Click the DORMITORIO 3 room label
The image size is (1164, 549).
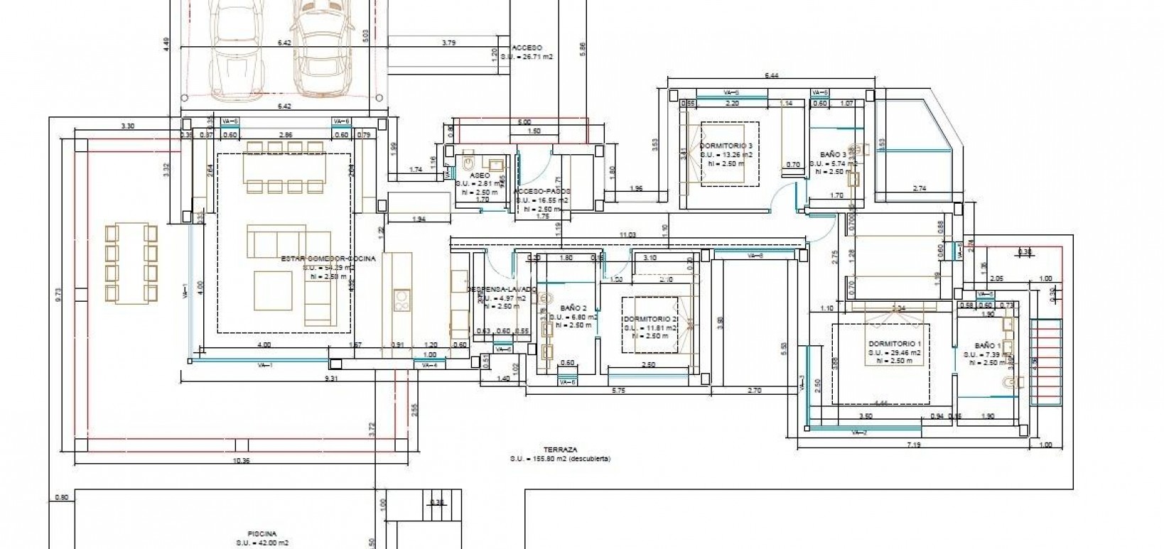coord(726,145)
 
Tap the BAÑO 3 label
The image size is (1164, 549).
coord(832,154)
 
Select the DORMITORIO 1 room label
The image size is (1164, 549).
coord(894,344)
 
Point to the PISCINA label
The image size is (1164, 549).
coord(262,533)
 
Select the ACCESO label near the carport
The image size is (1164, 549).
coord(527,48)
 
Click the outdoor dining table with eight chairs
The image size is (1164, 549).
coord(131,262)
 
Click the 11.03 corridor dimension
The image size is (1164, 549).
coord(627,234)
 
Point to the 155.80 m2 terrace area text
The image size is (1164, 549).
coord(560,459)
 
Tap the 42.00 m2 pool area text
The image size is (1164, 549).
coord(262,543)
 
